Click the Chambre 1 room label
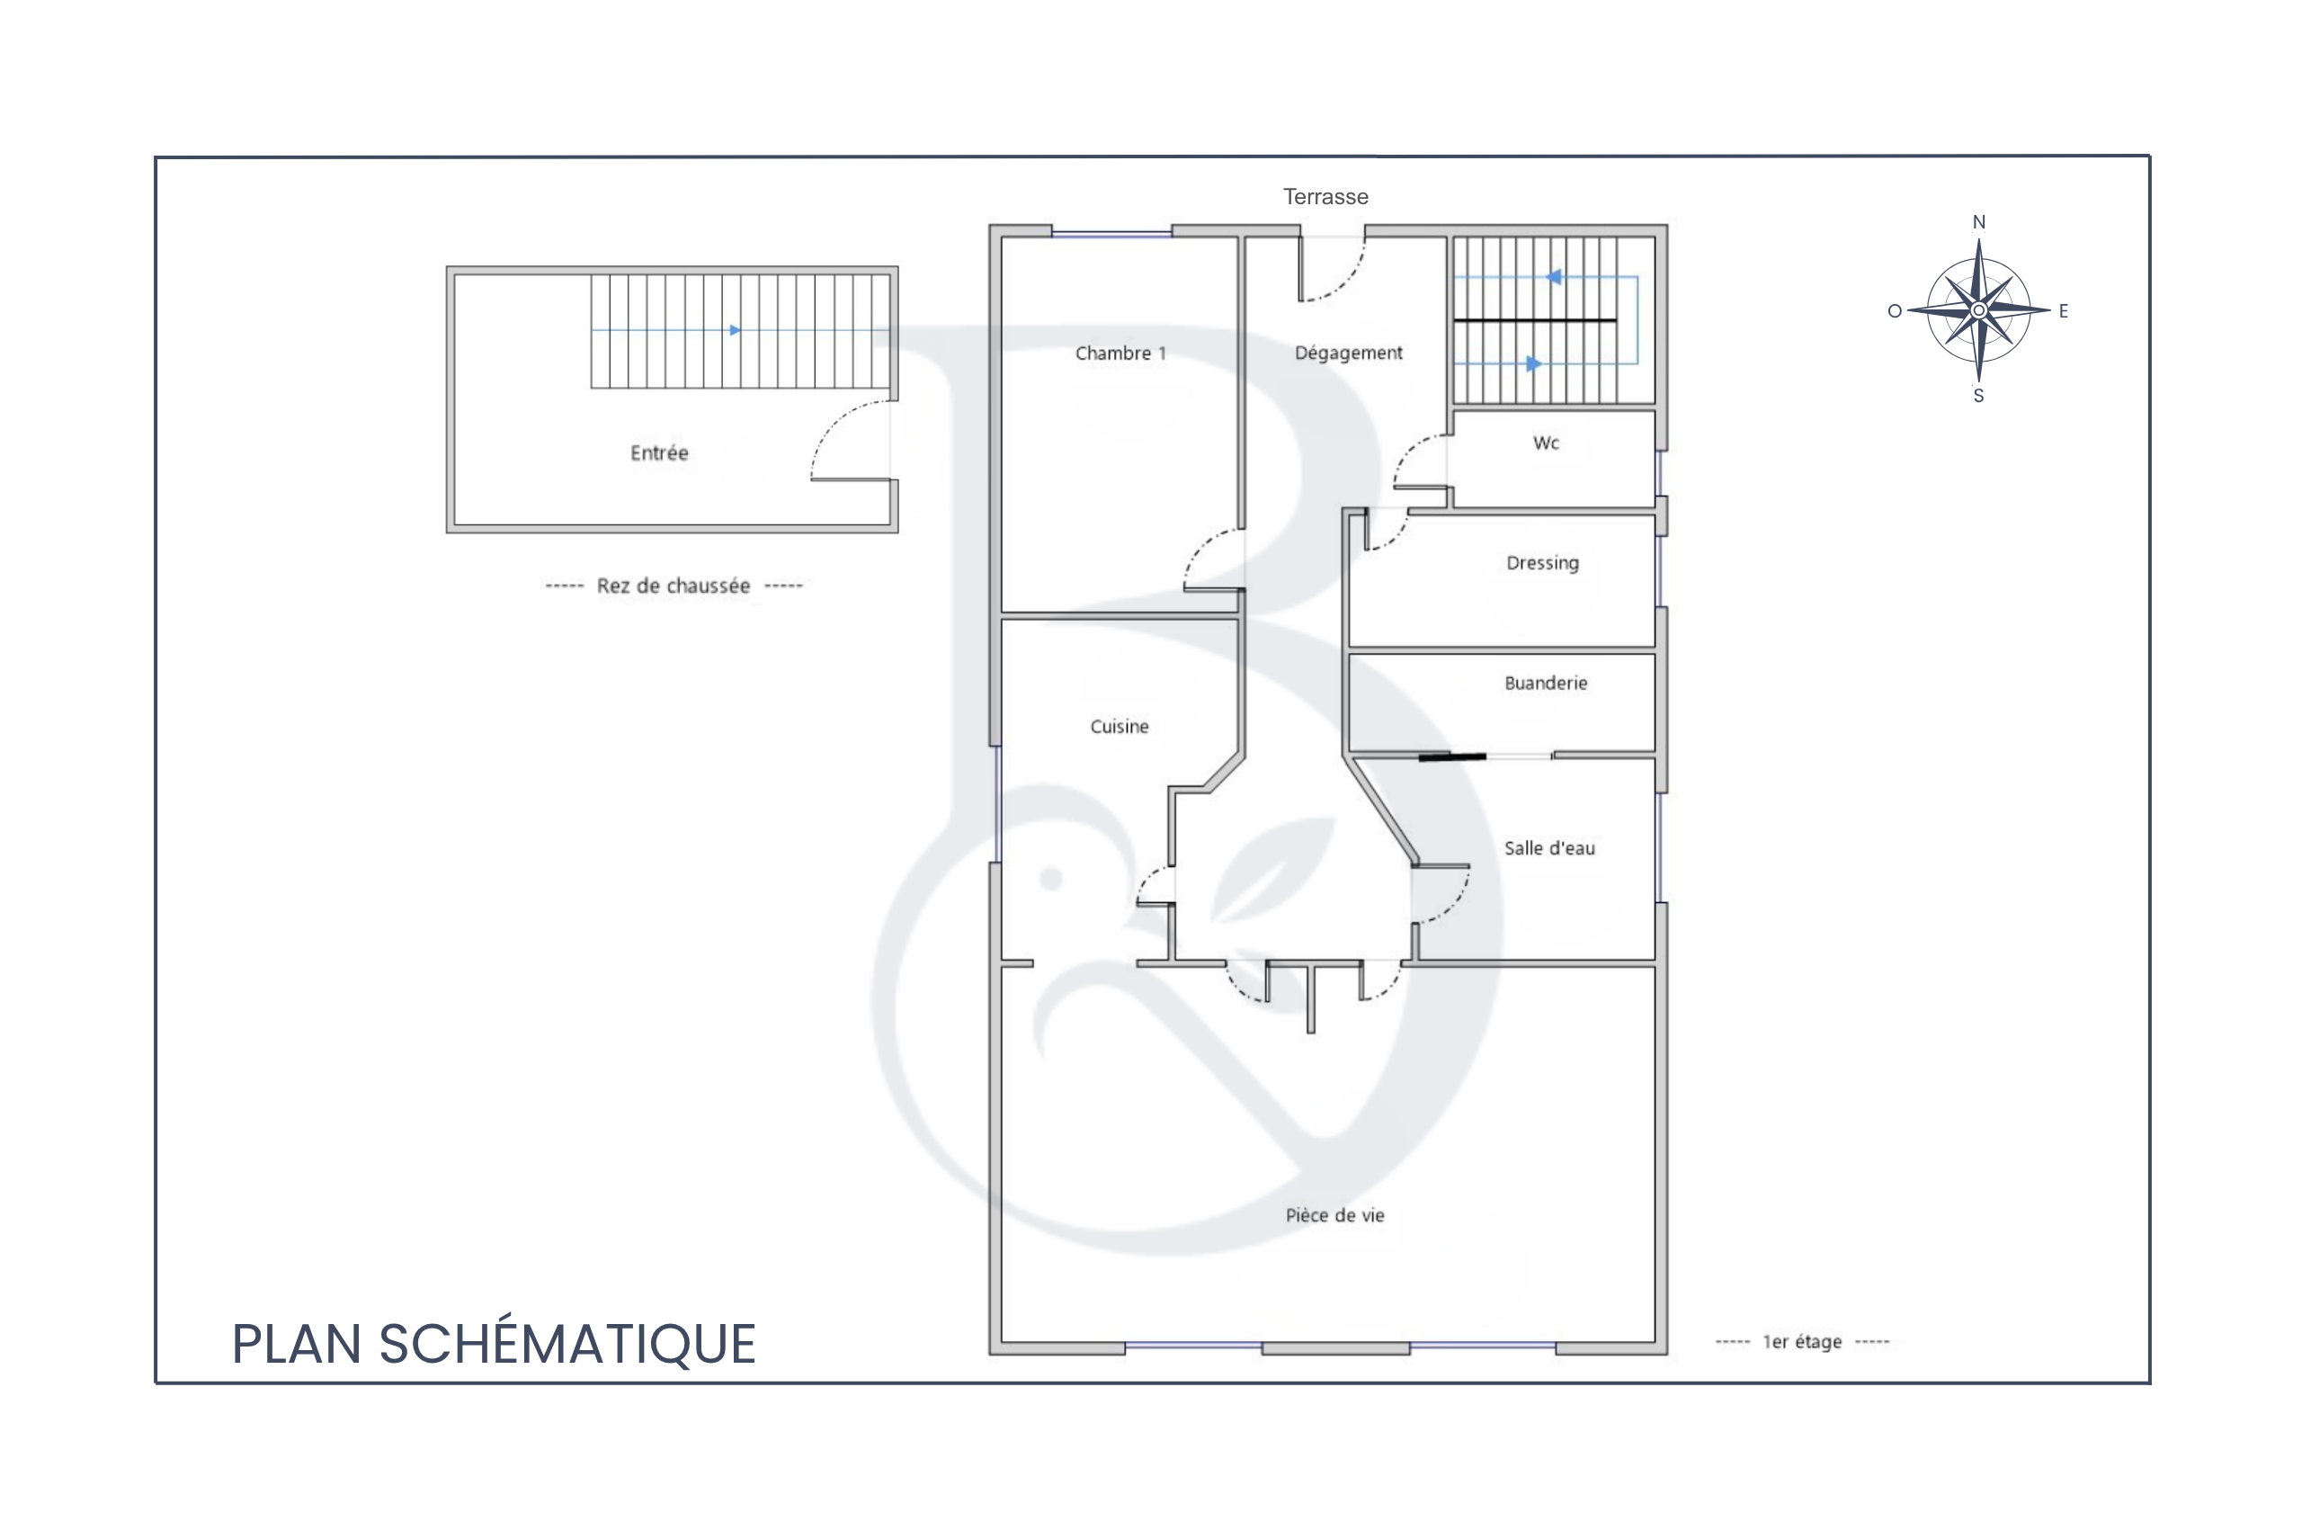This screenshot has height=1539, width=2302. tap(1120, 353)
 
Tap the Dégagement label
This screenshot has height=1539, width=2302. tap(1348, 353)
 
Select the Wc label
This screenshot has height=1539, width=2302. tap(1547, 443)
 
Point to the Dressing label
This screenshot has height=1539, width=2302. tap(1542, 563)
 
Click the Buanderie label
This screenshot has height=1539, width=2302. tap(1546, 683)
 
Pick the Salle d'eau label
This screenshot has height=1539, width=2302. tap(1549, 848)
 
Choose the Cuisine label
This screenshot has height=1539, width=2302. tap(1119, 726)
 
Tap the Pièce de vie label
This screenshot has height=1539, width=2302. tap(1334, 1215)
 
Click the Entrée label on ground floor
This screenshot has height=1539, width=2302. tap(659, 452)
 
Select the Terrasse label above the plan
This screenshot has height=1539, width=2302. tap(1325, 196)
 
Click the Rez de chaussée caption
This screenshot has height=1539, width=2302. tap(674, 586)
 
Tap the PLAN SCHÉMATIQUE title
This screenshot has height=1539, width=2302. tap(494, 1344)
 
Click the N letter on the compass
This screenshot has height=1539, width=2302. tap(1979, 223)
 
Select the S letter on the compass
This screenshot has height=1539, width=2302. tap(1978, 397)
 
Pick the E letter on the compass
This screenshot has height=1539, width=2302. tap(2064, 311)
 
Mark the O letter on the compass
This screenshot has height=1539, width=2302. tap(1895, 311)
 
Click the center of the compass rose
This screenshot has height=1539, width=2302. tap(1979, 310)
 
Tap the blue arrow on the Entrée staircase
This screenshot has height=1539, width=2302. tap(665, 331)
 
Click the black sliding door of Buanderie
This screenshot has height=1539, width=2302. tap(1452, 756)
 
